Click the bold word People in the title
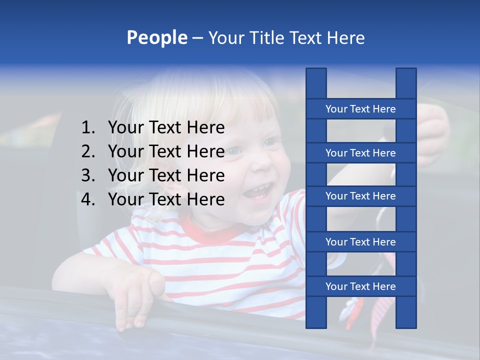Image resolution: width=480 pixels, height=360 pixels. [x=156, y=37]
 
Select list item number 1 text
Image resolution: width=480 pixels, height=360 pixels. [x=166, y=128]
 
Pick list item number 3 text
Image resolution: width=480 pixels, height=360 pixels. [x=166, y=175]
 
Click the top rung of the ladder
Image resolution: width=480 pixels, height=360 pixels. [x=360, y=109]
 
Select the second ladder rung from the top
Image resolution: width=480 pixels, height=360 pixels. [x=360, y=153]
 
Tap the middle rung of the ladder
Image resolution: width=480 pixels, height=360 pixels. [x=360, y=196]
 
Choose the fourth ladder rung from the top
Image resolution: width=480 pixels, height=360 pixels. [x=360, y=242]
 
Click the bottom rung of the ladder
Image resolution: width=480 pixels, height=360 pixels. [x=360, y=286]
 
